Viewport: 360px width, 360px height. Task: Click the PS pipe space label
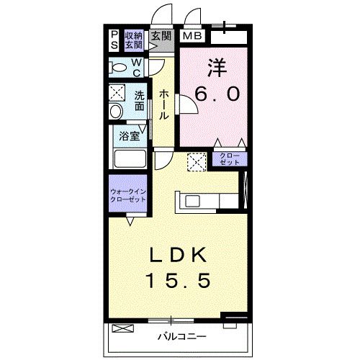114,40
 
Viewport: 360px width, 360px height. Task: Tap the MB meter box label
192,36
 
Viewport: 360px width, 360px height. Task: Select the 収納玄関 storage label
134,40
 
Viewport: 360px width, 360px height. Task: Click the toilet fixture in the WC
117,68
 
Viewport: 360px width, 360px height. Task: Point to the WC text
136,68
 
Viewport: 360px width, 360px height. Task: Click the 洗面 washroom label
139,100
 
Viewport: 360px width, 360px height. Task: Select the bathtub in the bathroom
130,158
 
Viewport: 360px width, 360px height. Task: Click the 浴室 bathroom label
130,136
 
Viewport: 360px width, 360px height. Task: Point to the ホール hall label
163,104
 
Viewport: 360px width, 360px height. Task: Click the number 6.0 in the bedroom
217,94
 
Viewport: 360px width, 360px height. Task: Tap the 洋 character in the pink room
217,68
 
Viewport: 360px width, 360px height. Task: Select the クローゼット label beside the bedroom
230,159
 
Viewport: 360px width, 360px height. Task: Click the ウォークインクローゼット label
127,195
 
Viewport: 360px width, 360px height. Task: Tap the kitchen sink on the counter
192,201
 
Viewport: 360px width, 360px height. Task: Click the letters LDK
178,255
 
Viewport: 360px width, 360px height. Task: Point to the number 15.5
179,280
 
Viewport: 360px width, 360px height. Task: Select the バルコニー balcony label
182,336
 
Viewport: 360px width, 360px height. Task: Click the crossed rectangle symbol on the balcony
123,328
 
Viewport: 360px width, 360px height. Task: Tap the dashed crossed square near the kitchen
197,162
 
